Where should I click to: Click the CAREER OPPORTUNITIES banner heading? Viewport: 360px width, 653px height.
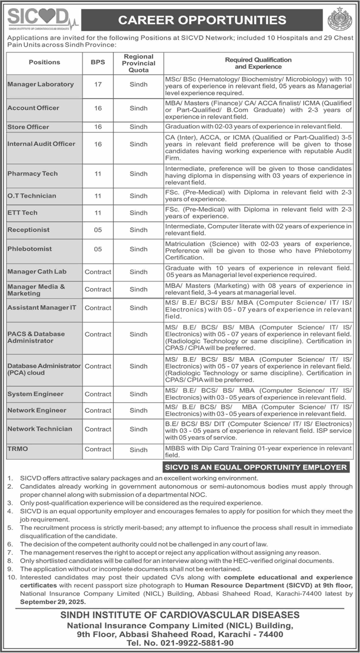(202, 21)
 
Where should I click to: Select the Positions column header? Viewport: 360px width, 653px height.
(45, 62)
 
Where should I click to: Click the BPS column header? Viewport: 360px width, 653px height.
(98, 62)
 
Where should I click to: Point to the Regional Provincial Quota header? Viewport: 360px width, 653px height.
(138, 63)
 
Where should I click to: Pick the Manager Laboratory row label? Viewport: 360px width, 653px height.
(41, 84)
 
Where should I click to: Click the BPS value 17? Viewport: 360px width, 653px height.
(98, 84)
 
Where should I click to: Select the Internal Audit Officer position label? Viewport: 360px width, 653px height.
(41, 144)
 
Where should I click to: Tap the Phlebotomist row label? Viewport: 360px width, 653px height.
(30, 249)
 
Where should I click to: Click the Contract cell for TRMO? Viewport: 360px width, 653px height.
(98, 449)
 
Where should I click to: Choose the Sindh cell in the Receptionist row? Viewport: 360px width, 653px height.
(138, 230)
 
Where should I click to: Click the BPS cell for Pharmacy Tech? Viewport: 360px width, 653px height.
(98, 174)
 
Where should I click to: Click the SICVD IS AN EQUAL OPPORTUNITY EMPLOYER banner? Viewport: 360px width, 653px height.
(255, 467)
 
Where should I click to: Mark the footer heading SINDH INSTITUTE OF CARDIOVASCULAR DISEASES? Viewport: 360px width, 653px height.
(180, 615)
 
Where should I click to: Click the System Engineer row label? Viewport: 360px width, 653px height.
(36, 394)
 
